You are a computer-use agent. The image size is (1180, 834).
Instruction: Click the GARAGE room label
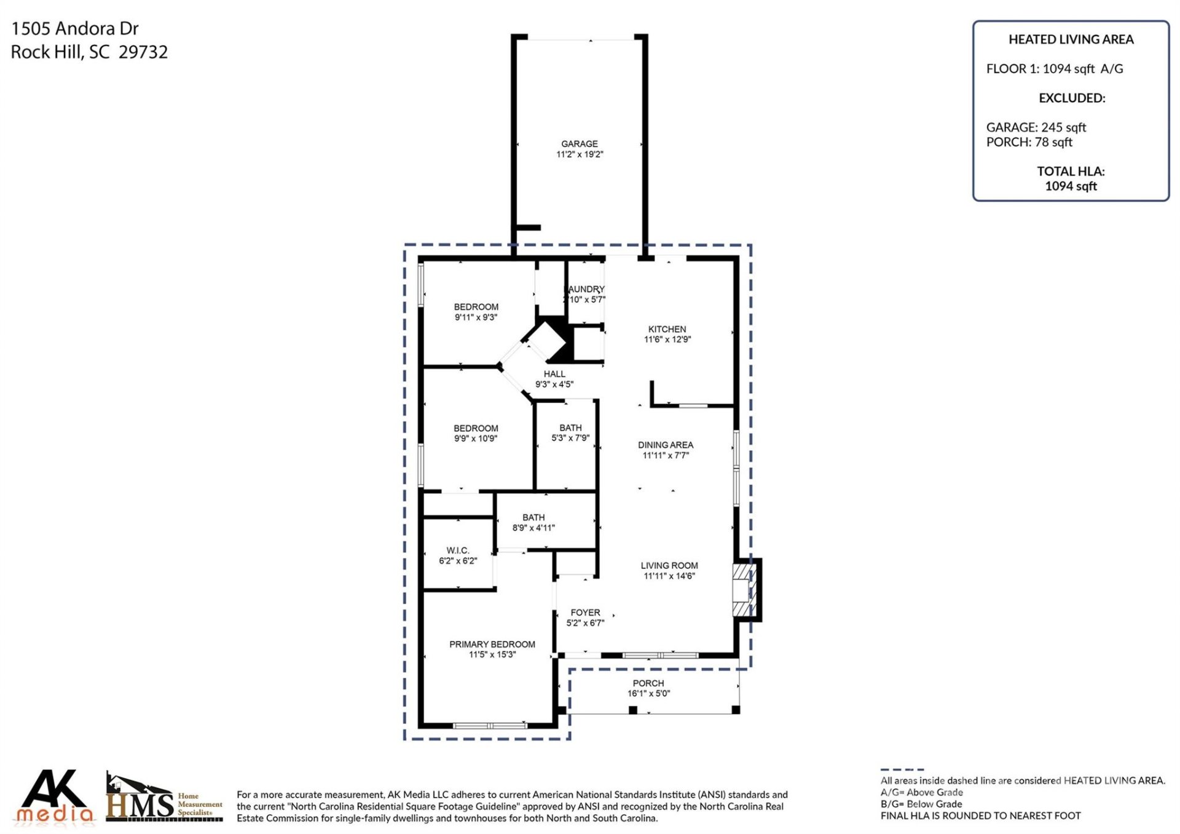pyautogui.click(x=579, y=143)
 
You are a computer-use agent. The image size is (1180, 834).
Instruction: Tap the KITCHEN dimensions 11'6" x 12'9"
pyautogui.click(x=667, y=340)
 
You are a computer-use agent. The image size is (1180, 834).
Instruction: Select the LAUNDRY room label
pyautogui.click(x=586, y=289)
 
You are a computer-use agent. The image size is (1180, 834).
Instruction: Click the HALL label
pyautogui.click(x=554, y=374)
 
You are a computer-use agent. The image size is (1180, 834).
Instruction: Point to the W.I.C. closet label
pyautogui.click(x=457, y=550)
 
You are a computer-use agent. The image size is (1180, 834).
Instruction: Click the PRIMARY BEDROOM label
pyautogui.click(x=492, y=644)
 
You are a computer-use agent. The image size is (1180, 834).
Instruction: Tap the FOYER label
pyautogui.click(x=584, y=613)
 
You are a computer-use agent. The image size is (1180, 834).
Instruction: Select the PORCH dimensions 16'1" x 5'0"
pyautogui.click(x=648, y=694)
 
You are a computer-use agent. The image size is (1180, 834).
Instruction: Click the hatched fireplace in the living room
pyautogui.click(x=742, y=590)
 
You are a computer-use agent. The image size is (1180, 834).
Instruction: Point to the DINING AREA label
pyautogui.click(x=665, y=445)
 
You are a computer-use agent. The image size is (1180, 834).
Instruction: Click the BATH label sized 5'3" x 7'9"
pyautogui.click(x=570, y=427)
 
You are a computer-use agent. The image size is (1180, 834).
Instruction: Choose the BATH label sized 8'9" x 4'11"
pyautogui.click(x=533, y=517)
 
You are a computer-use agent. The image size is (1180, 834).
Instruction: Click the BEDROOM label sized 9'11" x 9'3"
pyautogui.click(x=476, y=307)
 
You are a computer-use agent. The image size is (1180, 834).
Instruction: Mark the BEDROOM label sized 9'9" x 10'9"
pyautogui.click(x=475, y=428)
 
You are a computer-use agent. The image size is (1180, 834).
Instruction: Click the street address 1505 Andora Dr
pyautogui.click(x=75, y=29)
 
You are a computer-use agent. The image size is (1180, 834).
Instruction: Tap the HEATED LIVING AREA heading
pyautogui.click(x=1071, y=39)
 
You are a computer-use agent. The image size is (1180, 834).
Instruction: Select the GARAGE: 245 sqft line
pyautogui.click(x=1036, y=127)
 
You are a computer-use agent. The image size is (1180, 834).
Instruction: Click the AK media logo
pyautogui.click(x=54, y=796)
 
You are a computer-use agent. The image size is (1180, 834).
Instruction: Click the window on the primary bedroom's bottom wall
pyautogui.click(x=489, y=726)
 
